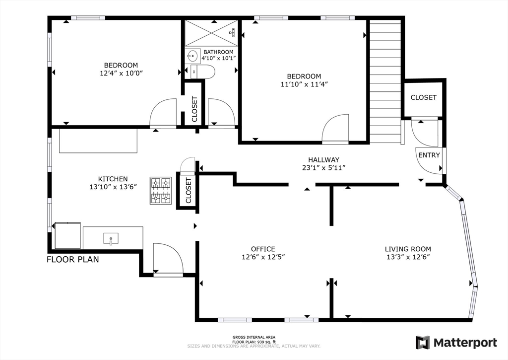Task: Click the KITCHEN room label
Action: pyautogui.click(x=113, y=179)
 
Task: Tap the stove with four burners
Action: pyautogui.click(x=161, y=190)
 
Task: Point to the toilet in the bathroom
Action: pyautogui.click(x=203, y=72)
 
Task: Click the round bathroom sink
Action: pyautogui.click(x=192, y=56)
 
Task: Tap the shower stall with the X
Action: pyautogui.click(x=211, y=33)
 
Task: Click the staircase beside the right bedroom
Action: pyautogui.click(x=385, y=81)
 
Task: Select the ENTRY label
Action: pyautogui.click(x=429, y=155)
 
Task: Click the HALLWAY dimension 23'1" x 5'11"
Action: pyautogui.click(x=323, y=168)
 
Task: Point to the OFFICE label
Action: pyautogui.click(x=263, y=249)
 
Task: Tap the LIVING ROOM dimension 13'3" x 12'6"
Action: pyautogui.click(x=408, y=257)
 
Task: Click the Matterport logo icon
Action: pyautogui.click(x=423, y=343)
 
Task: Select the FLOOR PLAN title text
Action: pyautogui.click(x=73, y=260)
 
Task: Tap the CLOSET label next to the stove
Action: pyautogui.click(x=189, y=191)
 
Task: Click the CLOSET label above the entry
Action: pyautogui.click(x=424, y=97)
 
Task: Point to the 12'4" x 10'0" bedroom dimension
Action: pyautogui.click(x=121, y=73)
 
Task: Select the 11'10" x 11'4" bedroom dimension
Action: pyautogui.click(x=304, y=84)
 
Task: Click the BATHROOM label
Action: pyautogui.click(x=218, y=52)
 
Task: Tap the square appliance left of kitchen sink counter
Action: pyautogui.click(x=67, y=235)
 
